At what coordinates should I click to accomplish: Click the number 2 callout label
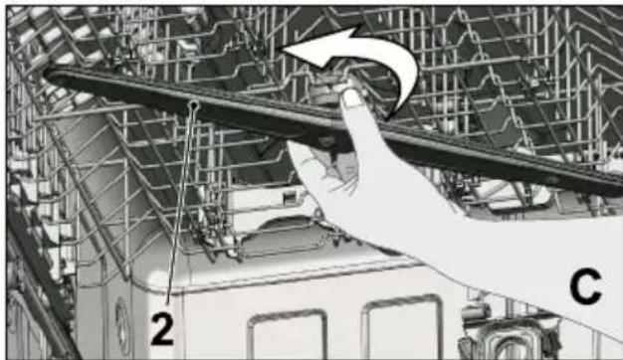click(162, 328)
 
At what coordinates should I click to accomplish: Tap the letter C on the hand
click(585, 286)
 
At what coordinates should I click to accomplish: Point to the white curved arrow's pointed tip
click(283, 49)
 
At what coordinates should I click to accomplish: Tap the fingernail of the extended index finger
click(351, 97)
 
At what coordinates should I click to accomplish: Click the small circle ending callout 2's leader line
click(194, 105)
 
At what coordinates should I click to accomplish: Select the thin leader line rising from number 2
click(181, 207)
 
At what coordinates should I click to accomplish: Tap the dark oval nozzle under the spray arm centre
click(326, 141)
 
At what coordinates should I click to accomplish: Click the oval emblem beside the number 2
click(122, 326)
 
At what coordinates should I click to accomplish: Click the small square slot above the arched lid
click(291, 196)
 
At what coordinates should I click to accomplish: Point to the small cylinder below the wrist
click(476, 312)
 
